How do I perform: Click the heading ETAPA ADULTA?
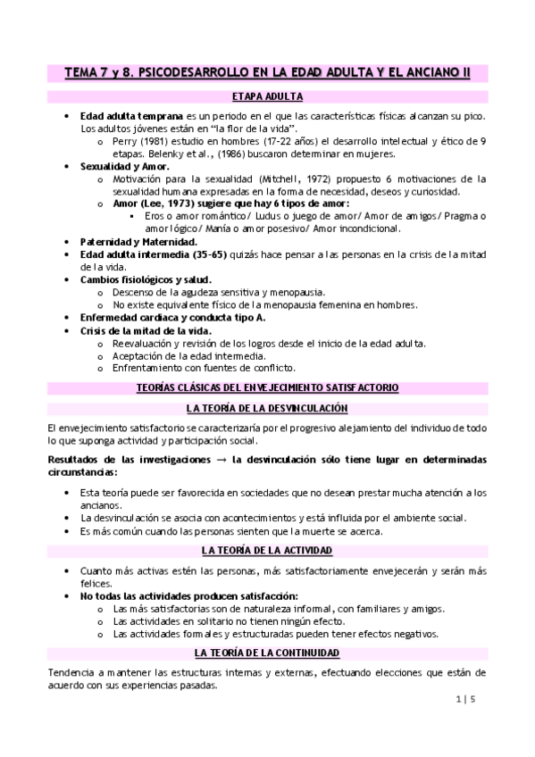[267, 96]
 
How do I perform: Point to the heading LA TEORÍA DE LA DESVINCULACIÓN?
[267, 408]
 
